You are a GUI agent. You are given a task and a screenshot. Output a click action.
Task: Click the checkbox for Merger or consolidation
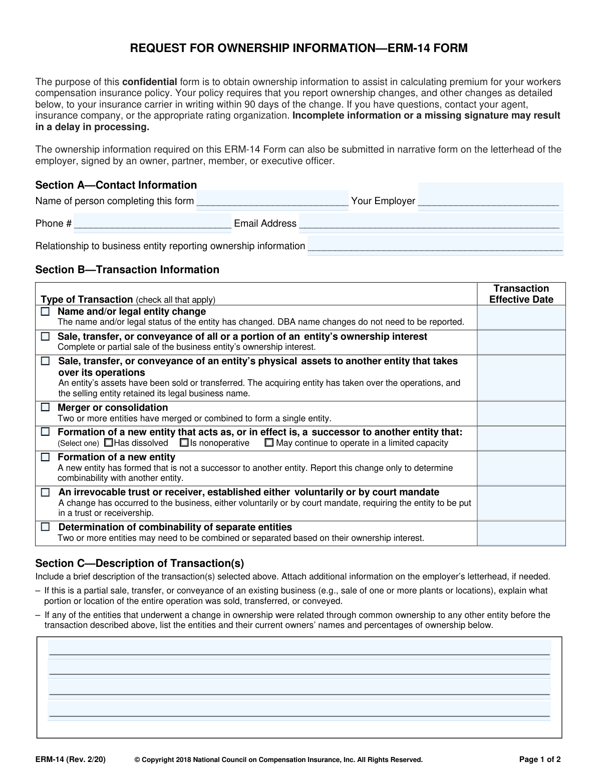tap(46, 407)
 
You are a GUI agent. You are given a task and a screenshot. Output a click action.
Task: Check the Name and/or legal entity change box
tap(46, 311)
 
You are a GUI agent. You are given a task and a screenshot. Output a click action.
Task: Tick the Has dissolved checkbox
tap(109, 443)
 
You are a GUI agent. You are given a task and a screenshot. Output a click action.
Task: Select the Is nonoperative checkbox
tap(184, 443)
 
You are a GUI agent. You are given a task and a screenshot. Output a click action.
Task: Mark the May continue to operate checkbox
tap(269, 443)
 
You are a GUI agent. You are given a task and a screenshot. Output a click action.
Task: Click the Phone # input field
tap(152, 223)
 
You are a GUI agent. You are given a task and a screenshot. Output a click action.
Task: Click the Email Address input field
tap(430, 223)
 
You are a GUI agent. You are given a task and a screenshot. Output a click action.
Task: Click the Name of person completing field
tap(272, 200)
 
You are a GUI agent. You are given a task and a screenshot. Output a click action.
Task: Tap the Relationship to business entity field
tap(435, 246)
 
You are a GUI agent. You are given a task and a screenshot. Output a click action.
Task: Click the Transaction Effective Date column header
tap(521, 294)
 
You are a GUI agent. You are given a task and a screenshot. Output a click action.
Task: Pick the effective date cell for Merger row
tap(521, 413)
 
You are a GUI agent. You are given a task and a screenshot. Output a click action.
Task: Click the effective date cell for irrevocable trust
tap(521, 503)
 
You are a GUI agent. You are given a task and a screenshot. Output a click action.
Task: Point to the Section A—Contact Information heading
tap(116, 185)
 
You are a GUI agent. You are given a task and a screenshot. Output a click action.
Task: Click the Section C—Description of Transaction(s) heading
tap(140, 563)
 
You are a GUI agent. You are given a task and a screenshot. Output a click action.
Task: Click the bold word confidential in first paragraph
tap(149, 82)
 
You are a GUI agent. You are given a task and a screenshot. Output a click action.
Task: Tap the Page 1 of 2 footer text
tap(540, 759)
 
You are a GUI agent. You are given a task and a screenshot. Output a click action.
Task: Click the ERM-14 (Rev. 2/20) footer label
tap(71, 759)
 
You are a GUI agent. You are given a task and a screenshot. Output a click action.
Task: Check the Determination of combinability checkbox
tap(46, 527)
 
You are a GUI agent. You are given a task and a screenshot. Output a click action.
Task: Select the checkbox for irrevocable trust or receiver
tap(46, 492)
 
